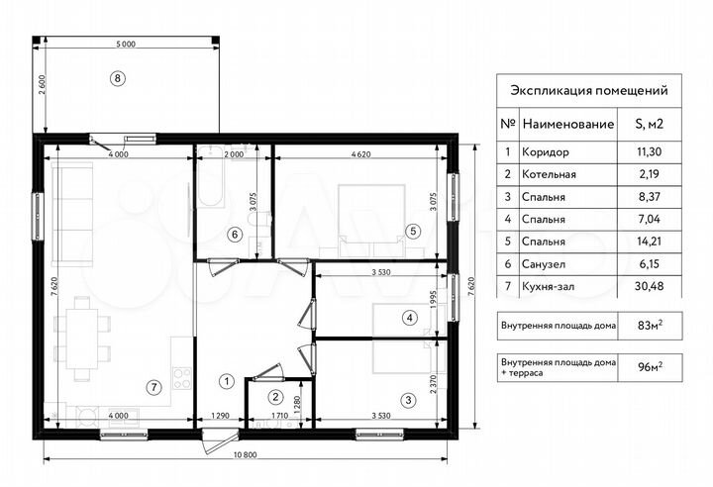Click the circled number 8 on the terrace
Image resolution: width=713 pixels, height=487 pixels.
point(117,78)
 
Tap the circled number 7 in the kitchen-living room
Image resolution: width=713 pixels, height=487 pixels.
point(154,387)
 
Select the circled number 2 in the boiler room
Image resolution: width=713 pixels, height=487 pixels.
point(275,397)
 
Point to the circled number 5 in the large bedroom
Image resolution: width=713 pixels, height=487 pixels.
point(413,231)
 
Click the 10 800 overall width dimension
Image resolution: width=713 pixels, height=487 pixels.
point(245,454)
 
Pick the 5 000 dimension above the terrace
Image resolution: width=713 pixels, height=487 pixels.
point(126,45)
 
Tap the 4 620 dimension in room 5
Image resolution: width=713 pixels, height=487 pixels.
point(361,154)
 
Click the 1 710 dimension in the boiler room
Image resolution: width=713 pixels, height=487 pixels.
point(278,415)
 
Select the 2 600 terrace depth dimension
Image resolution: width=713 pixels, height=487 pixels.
point(42,84)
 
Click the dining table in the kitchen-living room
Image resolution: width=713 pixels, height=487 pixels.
point(82,339)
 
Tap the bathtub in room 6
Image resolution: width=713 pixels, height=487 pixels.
point(211,176)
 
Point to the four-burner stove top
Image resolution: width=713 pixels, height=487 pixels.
point(182,378)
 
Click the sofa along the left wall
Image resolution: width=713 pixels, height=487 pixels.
point(72,214)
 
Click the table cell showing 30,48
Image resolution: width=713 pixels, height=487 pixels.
point(649,286)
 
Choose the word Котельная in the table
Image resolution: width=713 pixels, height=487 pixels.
point(549,174)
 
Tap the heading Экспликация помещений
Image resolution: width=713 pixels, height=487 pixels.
point(589,90)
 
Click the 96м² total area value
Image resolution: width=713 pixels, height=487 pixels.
point(650,367)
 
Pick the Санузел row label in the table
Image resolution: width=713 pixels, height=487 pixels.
point(543,264)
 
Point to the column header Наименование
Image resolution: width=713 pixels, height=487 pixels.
point(568,124)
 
